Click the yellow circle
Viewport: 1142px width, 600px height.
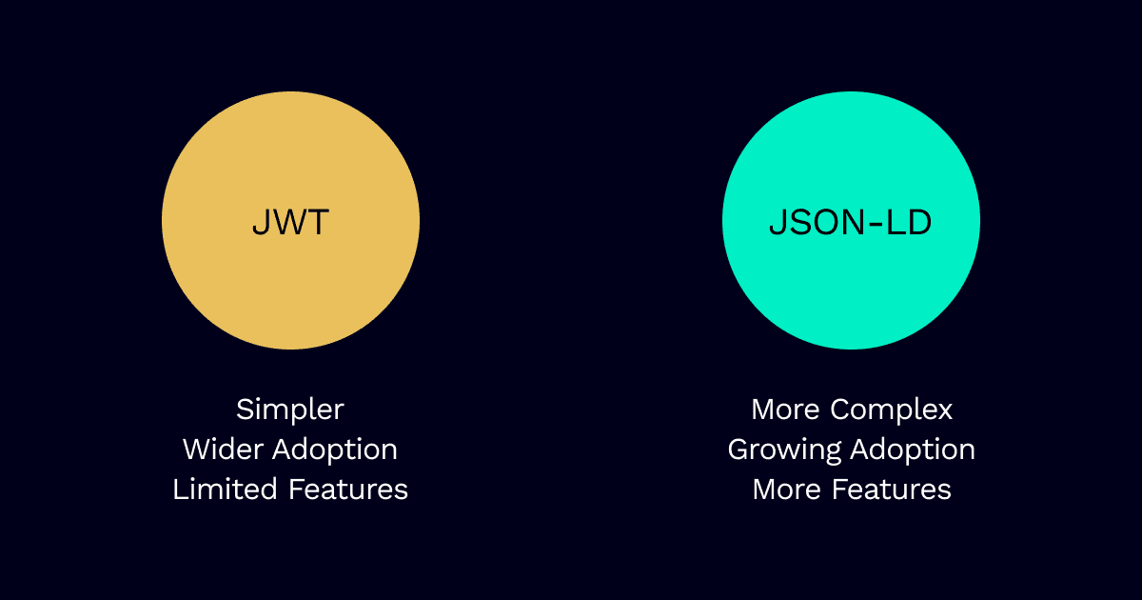coord(290,220)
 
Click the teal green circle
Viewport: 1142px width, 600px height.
coord(851,220)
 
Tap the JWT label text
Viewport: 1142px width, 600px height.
coord(290,223)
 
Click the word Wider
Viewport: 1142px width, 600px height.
coord(223,450)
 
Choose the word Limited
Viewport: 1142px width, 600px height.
coord(225,490)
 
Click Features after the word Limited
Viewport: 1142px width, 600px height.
coord(348,490)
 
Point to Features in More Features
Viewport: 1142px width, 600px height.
coord(892,490)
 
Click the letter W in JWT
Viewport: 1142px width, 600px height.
coord(290,223)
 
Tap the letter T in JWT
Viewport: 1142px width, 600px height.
coord(318,223)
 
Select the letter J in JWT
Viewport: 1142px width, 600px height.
coord(261,223)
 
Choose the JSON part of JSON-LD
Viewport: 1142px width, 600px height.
coord(817,223)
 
